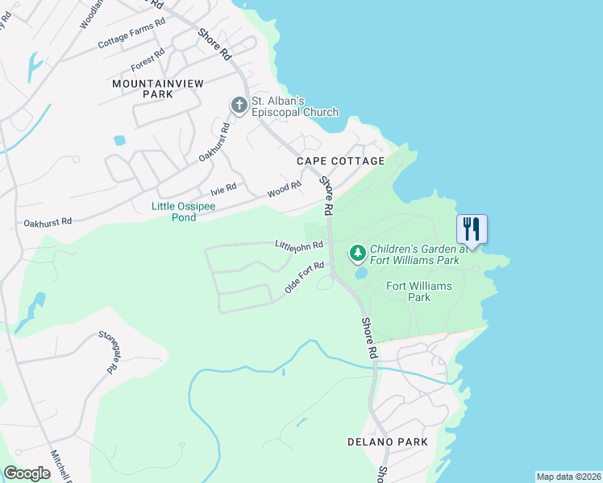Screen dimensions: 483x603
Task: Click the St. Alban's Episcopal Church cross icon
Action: click(x=239, y=105)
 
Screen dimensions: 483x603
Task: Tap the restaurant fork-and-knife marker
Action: click(x=471, y=229)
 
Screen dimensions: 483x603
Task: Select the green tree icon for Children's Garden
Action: click(x=358, y=254)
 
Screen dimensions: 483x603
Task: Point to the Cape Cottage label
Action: click(x=340, y=161)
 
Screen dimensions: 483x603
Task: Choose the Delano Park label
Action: click(x=387, y=442)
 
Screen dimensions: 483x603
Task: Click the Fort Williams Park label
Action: click(x=418, y=291)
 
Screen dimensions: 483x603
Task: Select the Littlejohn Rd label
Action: click(x=299, y=244)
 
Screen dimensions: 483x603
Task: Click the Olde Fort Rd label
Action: click(x=304, y=277)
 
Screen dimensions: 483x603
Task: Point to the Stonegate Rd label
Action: click(x=108, y=352)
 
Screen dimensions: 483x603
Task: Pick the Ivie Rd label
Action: click(x=223, y=190)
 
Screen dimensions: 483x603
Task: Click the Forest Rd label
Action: click(x=148, y=59)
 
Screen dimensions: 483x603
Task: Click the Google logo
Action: click(x=27, y=473)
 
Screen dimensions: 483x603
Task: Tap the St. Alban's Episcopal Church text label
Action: click(x=295, y=106)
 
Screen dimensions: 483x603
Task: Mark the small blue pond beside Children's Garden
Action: click(x=360, y=272)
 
